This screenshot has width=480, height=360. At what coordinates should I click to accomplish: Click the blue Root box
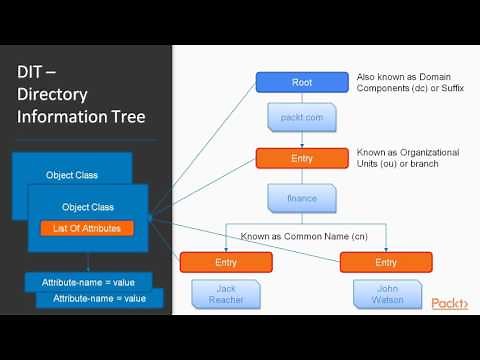[x=302, y=82]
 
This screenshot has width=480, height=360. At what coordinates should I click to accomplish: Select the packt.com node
[x=302, y=119]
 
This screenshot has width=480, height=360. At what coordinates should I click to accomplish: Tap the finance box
[x=302, y=197]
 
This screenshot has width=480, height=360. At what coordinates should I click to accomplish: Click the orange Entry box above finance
[x=302, y=158]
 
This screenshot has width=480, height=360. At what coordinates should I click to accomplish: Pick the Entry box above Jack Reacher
[x=226, y=261]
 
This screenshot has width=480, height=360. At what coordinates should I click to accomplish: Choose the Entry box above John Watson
[x=385, y=261]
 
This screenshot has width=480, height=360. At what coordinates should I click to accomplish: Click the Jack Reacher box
[x=226, y=294]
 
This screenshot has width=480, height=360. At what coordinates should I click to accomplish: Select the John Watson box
[x=385, y=294]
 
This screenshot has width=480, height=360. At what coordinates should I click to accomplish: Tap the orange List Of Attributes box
[x=88, y=229]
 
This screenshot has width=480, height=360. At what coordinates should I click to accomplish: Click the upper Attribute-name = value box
[x=88, y=283]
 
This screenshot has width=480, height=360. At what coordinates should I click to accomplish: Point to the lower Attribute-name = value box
[x=99, y=298]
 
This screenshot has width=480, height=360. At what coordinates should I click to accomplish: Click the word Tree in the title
[x=126, y=117]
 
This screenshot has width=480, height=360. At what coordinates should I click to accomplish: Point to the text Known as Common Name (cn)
[x=301, y=237]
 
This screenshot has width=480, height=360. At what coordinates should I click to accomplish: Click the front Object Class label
[x=88, y=206]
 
